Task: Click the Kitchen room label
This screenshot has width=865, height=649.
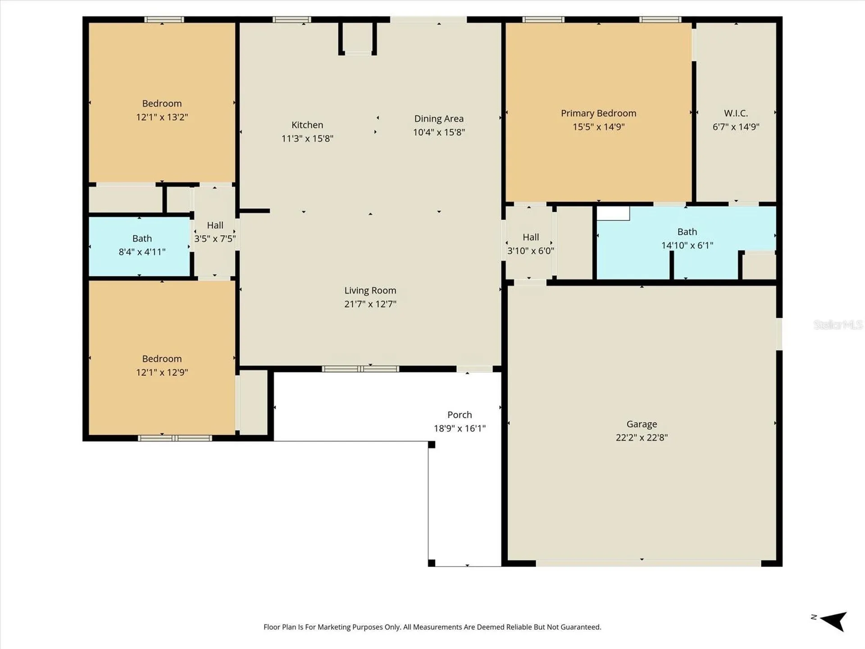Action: (x=307, y=125)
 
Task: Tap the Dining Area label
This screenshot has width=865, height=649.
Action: (x=439, y=119)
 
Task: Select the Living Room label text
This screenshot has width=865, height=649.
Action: (x=370, y=290)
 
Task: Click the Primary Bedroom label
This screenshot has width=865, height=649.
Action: (x=598, y=113)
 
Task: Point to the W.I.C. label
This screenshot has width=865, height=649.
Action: (x=736, y=113)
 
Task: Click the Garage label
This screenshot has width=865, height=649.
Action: (x=642, y=424)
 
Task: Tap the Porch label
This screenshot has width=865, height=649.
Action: (x=460, y=415)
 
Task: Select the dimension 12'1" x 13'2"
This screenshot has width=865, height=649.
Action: (x=162, y=117)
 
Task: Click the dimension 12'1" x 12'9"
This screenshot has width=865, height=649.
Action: (x=162, y=372)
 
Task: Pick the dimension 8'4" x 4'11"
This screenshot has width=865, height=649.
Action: (x=142, y=252)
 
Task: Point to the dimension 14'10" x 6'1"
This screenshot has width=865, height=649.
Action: (x=687, y=245)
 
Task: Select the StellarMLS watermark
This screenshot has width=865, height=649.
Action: (x=838, y=324)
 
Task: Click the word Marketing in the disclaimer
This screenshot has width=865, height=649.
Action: (x=334, y=627)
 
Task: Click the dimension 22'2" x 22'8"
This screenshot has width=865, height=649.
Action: (x=642, y=437)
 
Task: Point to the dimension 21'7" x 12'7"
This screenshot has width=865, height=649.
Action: (x=370, y=304)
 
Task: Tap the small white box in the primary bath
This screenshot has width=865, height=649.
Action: (x=613, y=213)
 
